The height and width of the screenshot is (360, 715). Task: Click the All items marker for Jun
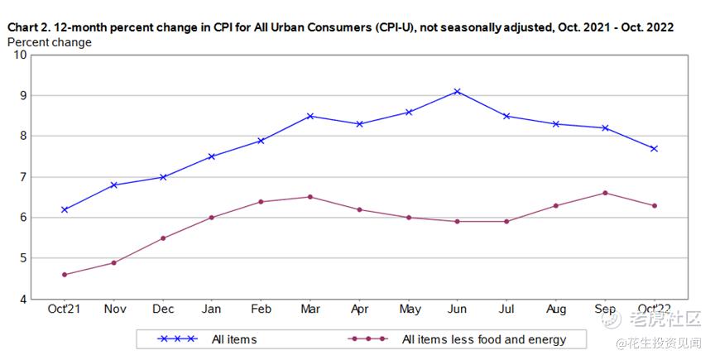(x=457, y=91)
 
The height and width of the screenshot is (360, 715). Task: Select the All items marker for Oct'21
(x=65, y=209)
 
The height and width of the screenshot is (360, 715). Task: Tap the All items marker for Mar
(x=310, y=116)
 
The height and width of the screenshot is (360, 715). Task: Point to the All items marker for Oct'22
(x=654, y=148)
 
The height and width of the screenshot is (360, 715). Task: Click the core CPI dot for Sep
(x=605, y=193)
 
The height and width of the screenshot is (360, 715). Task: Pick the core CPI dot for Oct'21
(x=65, y=275)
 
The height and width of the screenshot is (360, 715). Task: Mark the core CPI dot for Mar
(x=310, y=197)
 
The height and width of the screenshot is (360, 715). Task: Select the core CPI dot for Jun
(x=457, y=221)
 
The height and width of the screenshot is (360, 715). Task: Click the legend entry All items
(x=234, y=339)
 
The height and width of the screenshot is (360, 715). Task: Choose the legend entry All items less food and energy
(x=483, y=339)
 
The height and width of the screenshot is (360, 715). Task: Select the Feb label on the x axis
(x=261, y=310)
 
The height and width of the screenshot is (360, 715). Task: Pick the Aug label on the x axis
(x=555, y=310)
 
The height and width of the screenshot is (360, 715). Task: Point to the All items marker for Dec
(x=163, y=177)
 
